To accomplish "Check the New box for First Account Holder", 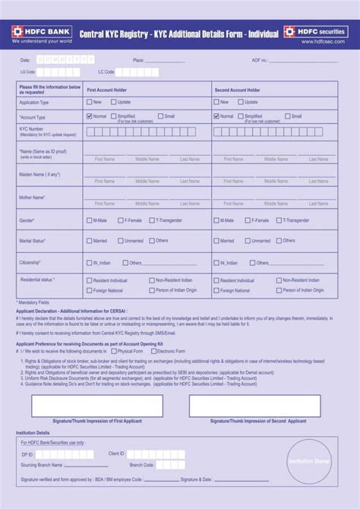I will (x=89, y=102).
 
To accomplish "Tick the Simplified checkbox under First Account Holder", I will (x=113, y=116).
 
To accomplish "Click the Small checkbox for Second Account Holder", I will (x=288, y=116).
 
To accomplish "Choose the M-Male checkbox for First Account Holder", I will (x=89, y=220).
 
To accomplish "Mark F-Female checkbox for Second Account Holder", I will (x=248, y=220).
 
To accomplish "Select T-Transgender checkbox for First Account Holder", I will (x=152, y=220).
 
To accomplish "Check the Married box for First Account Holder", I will (x=89, y=241).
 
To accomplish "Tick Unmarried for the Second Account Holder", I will (x=248, y=241).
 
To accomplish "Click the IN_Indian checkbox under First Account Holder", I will (x=89, y=263).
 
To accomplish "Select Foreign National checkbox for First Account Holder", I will (x=89, y=289).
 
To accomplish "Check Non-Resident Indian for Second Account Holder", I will (x=279, y=280).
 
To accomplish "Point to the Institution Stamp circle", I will (x=308, y=460).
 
